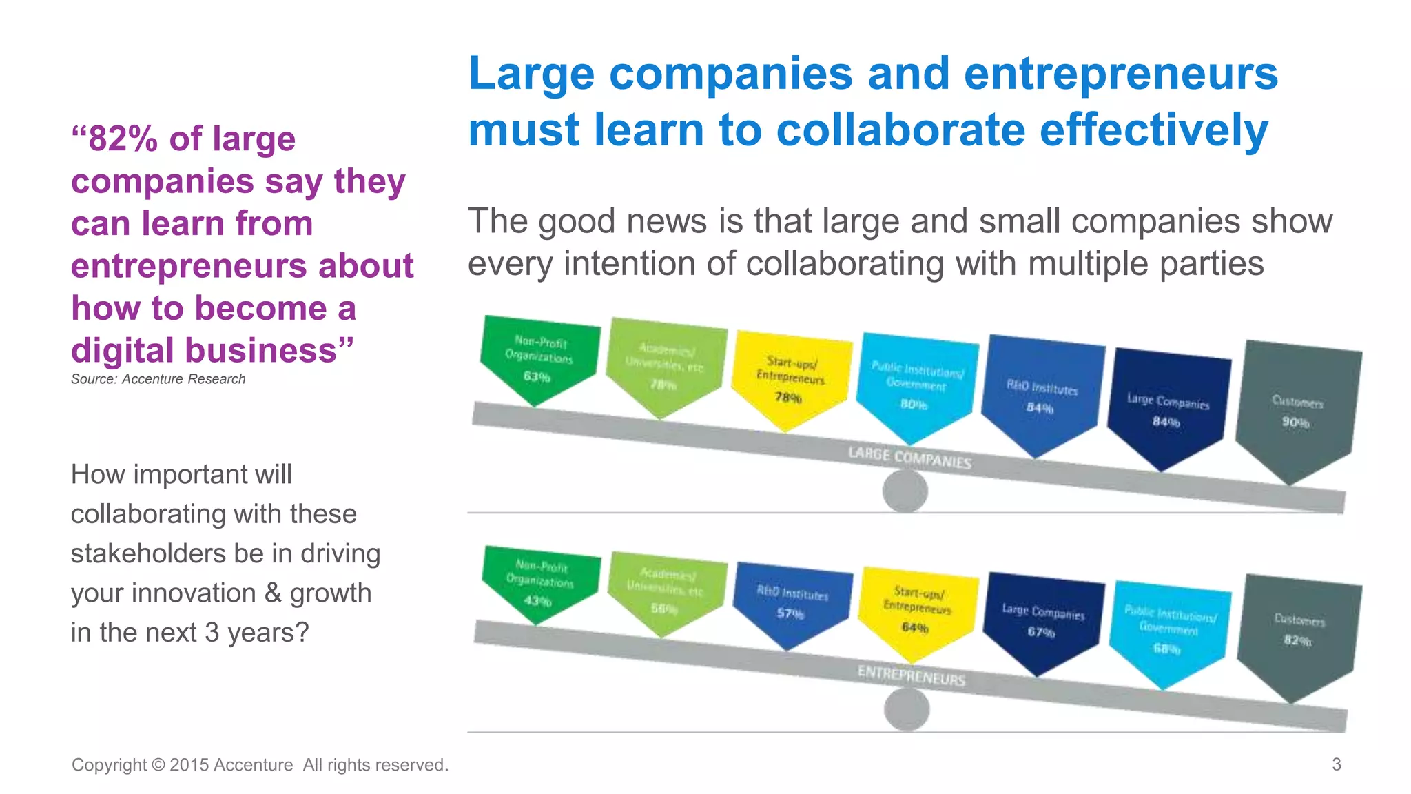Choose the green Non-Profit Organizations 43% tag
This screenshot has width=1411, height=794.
coord(539,583)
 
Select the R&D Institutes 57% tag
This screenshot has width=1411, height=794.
coord(791,602)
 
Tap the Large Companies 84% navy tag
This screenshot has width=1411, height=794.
coord(1167,410)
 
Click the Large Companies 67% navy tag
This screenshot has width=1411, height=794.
coord(1042,620)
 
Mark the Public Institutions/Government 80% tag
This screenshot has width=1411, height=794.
coord(916,386)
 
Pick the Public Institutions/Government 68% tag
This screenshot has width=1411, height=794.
coord(1168,630)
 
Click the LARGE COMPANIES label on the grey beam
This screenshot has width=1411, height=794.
coord(909,457)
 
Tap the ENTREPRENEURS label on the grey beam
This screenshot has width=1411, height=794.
coord(911,675)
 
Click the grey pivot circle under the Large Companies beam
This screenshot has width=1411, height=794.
coord(905,491)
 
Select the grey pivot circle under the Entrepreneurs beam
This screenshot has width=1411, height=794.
coord(907,710)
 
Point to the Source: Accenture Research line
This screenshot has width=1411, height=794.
coord(158,379)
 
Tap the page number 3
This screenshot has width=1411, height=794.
coord(1336,764)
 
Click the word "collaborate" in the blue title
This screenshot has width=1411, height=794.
coord(900,130)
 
